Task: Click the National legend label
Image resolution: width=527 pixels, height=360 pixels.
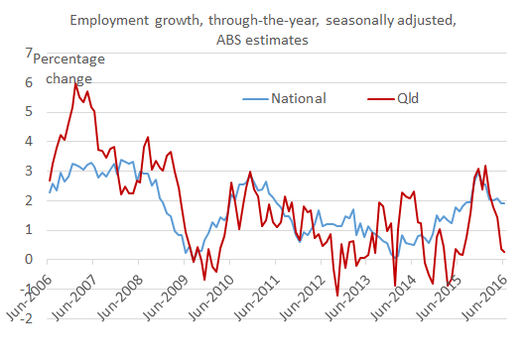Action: pos(299,97)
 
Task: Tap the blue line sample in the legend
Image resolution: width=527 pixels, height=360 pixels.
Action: pos(256,97)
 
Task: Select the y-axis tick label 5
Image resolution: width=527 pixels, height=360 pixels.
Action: pos(28,112)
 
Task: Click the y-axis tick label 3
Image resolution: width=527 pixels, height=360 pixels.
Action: pos(28,172)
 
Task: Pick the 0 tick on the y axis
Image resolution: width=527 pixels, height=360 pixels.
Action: pos(28,260)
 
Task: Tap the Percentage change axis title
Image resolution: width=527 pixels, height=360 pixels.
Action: pos(69,67)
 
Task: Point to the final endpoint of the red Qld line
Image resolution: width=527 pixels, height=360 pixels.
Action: pos(504,252)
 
